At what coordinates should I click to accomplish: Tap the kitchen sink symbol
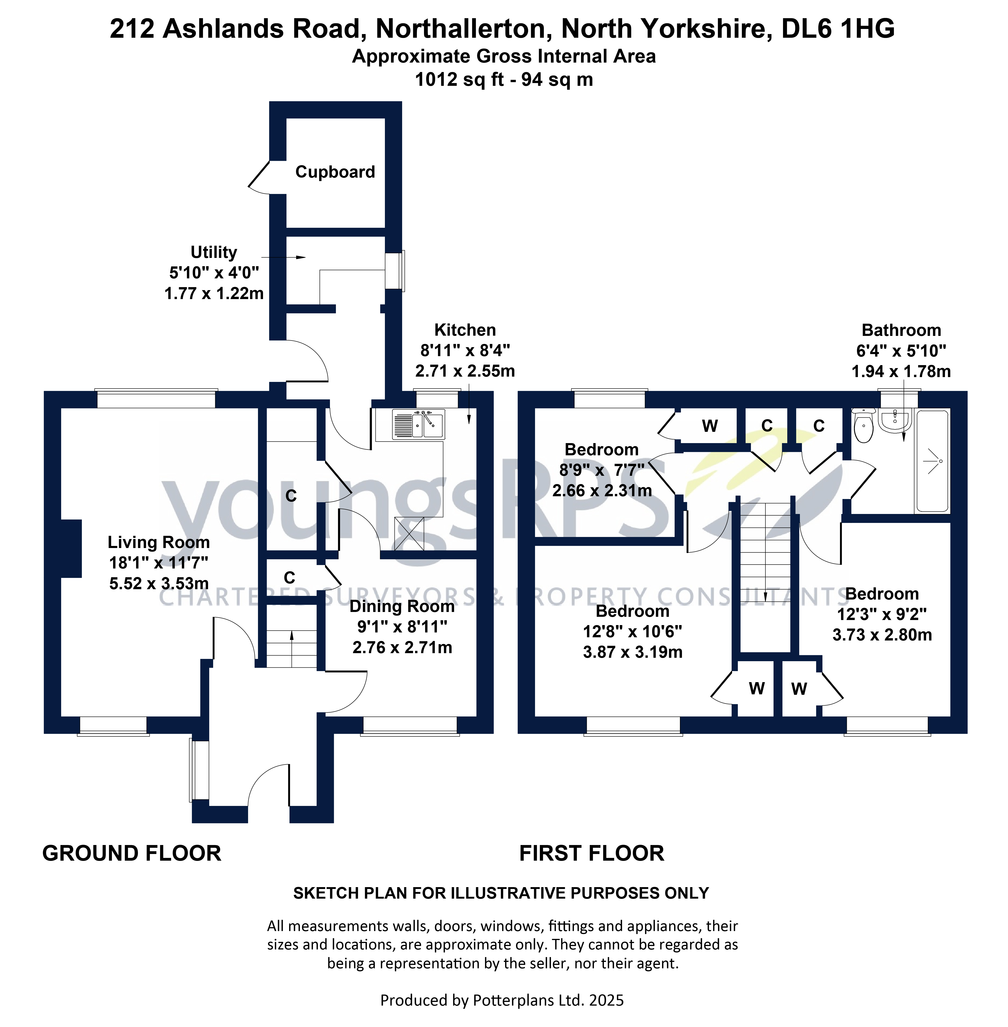click(x=418, y=425)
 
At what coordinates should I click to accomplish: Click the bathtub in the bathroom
click(x=932, y=461)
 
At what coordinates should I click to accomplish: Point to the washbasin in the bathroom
click(x=895, y=419)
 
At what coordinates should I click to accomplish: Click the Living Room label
click(x=159, y=542)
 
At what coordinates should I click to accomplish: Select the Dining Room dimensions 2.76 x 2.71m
click(x=402, y=647)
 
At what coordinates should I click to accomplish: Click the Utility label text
click(x=214, y=252)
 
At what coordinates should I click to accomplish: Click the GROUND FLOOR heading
click(x=132, y=853)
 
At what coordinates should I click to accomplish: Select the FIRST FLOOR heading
click(x=591, y=853)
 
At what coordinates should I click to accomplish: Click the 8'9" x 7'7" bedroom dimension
click(x=602, y=470)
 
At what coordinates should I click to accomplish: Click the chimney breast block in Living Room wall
click(x=72, y=548)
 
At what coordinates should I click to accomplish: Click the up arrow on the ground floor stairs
click(x=292, y=638)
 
